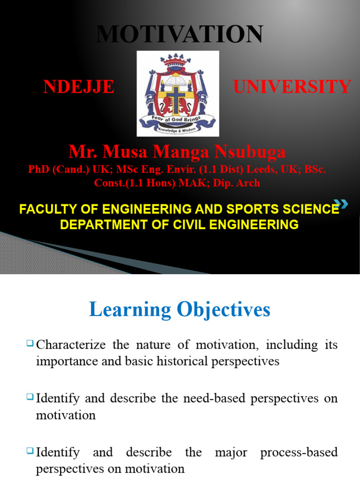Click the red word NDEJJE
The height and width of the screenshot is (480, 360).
(79, 87)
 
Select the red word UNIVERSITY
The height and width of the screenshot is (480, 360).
(292, 87)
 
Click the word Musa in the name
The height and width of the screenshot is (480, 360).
(127, 152)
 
